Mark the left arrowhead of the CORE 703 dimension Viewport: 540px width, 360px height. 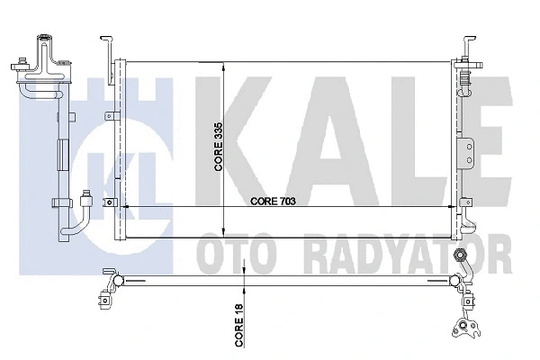pyautogui.click(x=124, y=207)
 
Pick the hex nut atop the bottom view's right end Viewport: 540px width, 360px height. pyautogui.click(x=463, y=256)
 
